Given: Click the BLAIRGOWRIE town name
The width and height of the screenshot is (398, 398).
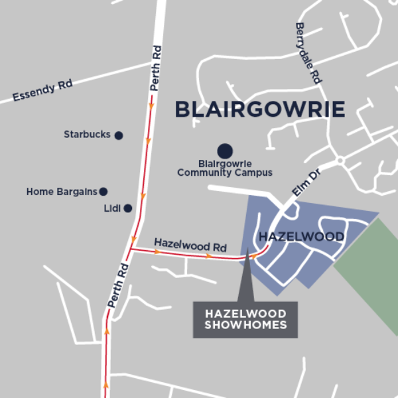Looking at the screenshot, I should (x=260, y=109).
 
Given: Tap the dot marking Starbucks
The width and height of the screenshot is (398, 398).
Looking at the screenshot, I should (x=119, y=135).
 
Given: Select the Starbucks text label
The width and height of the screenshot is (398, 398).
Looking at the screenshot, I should (x=87, y=135).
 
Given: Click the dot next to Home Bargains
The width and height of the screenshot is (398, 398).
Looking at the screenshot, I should (x=103, y=192).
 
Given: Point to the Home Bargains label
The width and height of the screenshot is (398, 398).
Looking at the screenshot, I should (x=62, y=192).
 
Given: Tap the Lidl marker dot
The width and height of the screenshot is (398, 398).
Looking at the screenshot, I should (x=128, y=208).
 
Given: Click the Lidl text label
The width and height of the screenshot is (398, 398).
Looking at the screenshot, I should (x=112, y=208).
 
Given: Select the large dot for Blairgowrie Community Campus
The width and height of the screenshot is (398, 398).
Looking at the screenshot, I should (x=225, y=151).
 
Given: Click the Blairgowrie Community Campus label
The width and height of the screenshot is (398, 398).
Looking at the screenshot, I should (x=225, y=168).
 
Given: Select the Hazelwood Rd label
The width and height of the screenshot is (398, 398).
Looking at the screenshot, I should (x=180, y=244).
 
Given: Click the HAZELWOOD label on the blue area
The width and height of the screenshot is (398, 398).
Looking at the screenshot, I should (x=301, y=237).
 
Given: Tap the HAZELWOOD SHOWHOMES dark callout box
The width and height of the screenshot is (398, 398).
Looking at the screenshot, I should (x=245, y=320).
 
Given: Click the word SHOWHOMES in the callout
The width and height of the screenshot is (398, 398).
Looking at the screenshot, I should (x=245, y=326).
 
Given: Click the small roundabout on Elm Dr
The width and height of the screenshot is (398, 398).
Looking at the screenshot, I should (x=340, y=161).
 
